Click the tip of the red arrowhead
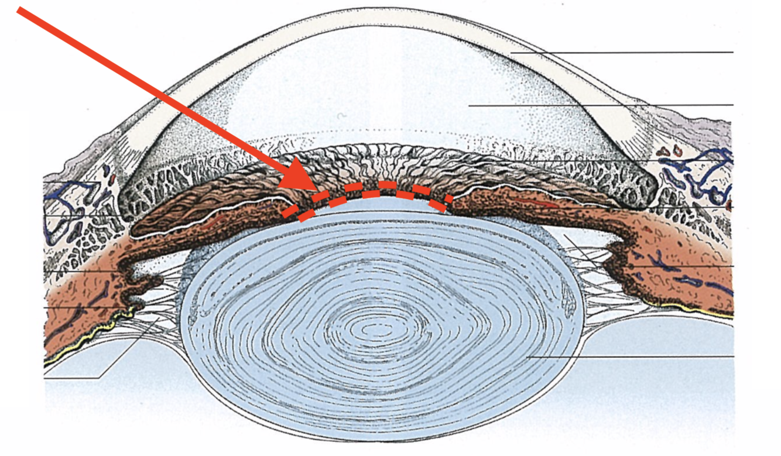click(x=280, y=186)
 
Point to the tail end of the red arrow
click(x=21, y=10)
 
